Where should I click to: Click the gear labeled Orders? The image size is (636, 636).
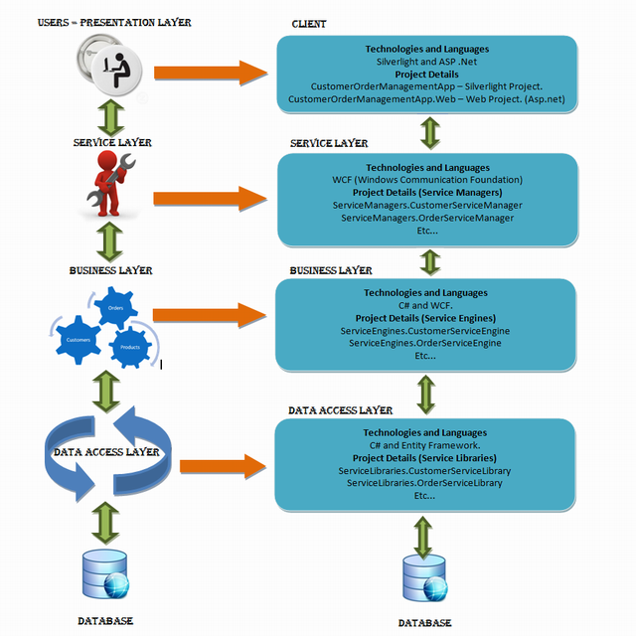coord(115,307)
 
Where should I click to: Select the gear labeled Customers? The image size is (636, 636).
coord(78,340)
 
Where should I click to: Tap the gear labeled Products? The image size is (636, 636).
coord(130,347)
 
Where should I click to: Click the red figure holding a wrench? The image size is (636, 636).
coord(110,184)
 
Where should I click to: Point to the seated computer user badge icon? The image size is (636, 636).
coord(109,66)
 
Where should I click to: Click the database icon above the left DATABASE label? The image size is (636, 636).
coord(105,574)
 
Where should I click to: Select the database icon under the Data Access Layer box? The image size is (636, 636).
coord(424,578)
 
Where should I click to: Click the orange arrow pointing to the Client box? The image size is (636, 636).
coord(211,73)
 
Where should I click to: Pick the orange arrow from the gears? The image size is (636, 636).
coord(210,315)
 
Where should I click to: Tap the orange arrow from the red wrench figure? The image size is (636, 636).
coord(210,199)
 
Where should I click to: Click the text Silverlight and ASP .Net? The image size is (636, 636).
coord(426,62)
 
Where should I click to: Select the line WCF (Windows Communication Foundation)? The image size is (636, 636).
coord(427,180)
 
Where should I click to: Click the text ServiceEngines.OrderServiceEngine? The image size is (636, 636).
coord(425,343)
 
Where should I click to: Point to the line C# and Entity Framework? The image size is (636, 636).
coord(424,445)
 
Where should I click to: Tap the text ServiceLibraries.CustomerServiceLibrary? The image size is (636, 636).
coord(424,470)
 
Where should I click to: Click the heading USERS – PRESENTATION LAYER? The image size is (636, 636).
coord(114,22)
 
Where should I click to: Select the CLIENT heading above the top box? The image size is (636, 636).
coord(309,24)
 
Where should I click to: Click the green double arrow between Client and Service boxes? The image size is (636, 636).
coord(430,133)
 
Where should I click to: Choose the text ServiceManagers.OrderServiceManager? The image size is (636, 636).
coord(427,218)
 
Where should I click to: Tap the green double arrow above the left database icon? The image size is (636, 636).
coord(105,524)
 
